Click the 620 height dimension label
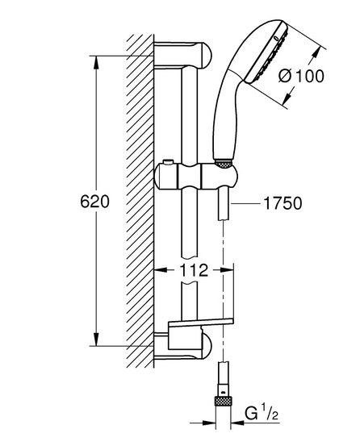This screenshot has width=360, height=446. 94,202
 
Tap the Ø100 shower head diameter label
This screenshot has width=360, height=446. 301,76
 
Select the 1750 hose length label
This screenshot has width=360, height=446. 283,203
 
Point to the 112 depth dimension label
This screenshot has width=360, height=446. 194,270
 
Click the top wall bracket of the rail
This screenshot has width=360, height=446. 182,56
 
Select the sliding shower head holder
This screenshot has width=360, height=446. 195,176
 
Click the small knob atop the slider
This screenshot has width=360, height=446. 169,162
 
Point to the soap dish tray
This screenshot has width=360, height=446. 201,323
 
